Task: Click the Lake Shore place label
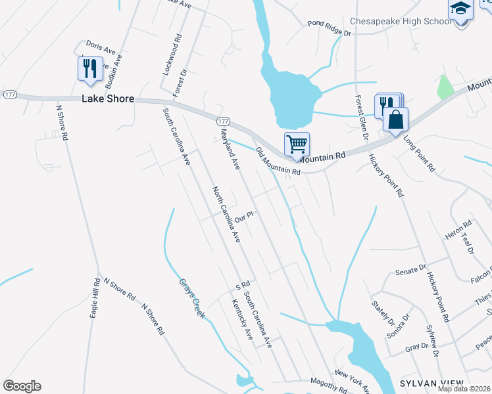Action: pyautogui.click(x=108, y=98)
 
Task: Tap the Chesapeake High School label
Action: pyautogui.click(x=401, y=21)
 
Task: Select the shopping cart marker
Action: pyautogui.click(x=297, y=143)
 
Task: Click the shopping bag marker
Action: pyautogui.click(x=395, y=120)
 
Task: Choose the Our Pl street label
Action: pyautogui.click(x=244, y=216)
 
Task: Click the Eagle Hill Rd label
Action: pyautogui.click(x=94, y=298)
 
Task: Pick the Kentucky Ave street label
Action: pyautogui.click(x=241, y=319)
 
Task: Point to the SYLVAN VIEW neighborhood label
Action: pyautogui.click(x=431, y=383)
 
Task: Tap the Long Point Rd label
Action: pyautogui.click(x=419, y=154)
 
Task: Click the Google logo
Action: pyautogui.click(x=22, y=386)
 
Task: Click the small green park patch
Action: pyautogui.click(x=445, y=87)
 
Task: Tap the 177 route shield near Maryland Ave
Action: pyautogui.click(x=223, y=122)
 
